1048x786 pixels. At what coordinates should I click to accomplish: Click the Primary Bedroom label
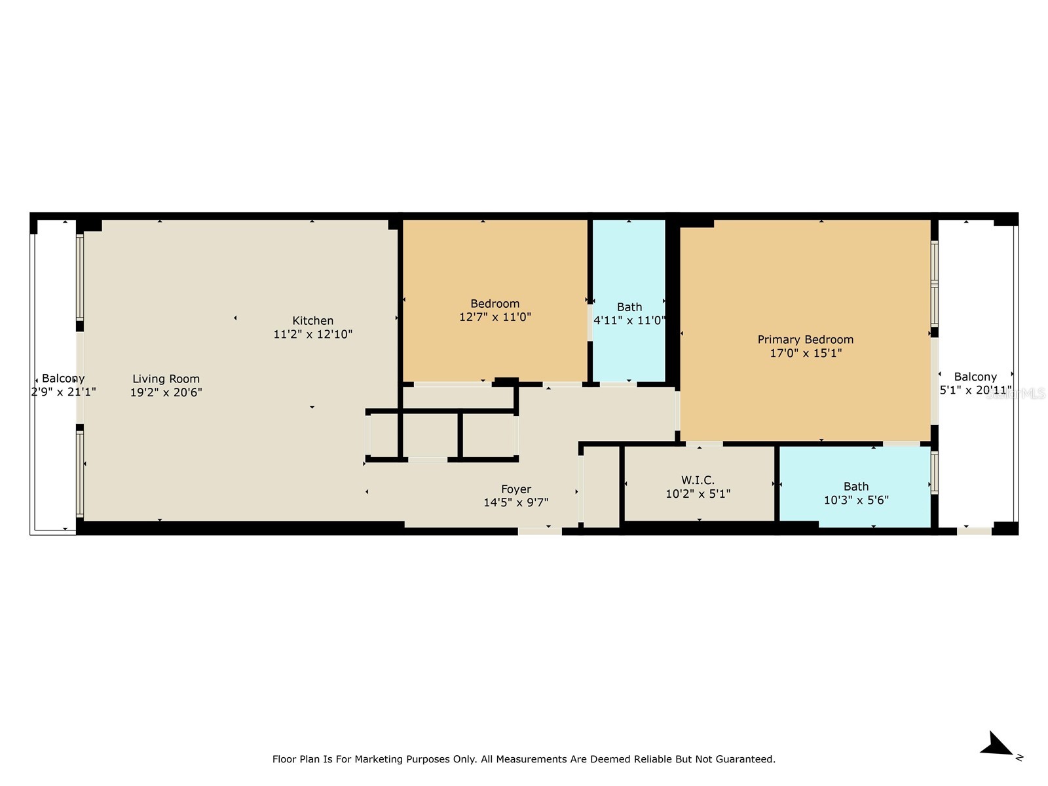tap(805, 339)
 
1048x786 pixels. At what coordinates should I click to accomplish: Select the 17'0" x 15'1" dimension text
tap(805, 353)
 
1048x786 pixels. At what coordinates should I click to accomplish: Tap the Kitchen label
tap(312, 320)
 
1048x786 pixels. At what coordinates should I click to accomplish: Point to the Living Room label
tap(166, 379)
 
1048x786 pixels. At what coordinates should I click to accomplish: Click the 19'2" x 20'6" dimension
tap(166, 392)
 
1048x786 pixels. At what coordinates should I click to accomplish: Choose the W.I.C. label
tap(698, 480)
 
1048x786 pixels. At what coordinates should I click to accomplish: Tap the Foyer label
tap(515, 489)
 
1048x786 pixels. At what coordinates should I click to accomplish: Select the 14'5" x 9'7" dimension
tap(515, 502)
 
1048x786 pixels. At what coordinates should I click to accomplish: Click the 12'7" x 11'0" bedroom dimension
tap(495, 317)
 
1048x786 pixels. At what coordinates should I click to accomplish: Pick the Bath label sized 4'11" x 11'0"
tap(629, 307)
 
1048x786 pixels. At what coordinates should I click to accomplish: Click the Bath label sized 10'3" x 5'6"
tap(855, 486)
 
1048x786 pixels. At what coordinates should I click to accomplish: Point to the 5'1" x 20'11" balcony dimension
tap(975, 390)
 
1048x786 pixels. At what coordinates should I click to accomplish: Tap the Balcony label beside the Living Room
tap(63, 379)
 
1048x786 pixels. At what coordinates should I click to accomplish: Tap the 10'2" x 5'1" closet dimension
tap(698, 494)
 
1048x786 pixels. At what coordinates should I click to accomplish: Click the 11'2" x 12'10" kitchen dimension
tap(312, 334)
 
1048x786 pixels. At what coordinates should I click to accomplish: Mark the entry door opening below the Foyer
tap(540, 531)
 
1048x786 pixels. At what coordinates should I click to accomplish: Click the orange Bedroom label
tap(495, 303)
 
